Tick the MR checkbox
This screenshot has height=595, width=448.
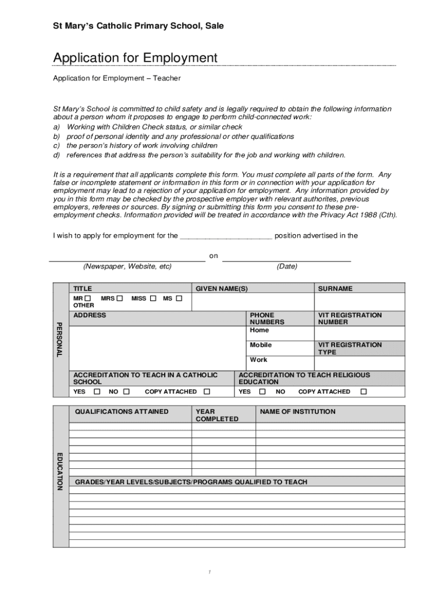(x=87, y=299)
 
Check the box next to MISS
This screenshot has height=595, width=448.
(x=154, y=299)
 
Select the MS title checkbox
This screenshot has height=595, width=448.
(x=179, y=299)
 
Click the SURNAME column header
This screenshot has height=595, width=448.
(x=335, y=289)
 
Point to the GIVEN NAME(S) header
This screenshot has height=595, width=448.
(x=221, y=289)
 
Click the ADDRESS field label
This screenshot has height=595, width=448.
(x=90, y=316)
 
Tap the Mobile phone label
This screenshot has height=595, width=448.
(x=261, y=345)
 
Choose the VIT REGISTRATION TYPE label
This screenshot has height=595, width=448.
(x=350, y=349)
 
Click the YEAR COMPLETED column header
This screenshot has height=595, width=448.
(x=217, y=415)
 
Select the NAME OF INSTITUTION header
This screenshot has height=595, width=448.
(x=297, y=412)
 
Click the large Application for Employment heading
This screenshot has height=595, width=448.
(x=135, y=58)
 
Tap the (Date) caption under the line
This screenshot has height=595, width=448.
(x=287, y=267)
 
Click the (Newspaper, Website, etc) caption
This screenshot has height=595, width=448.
(x=127, y=267)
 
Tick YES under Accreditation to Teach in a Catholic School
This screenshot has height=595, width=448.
(x=97, y=392)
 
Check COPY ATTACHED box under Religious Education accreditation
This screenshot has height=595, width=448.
(x=364, y=392)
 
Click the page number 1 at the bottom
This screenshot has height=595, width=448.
(x=209, y=574)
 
